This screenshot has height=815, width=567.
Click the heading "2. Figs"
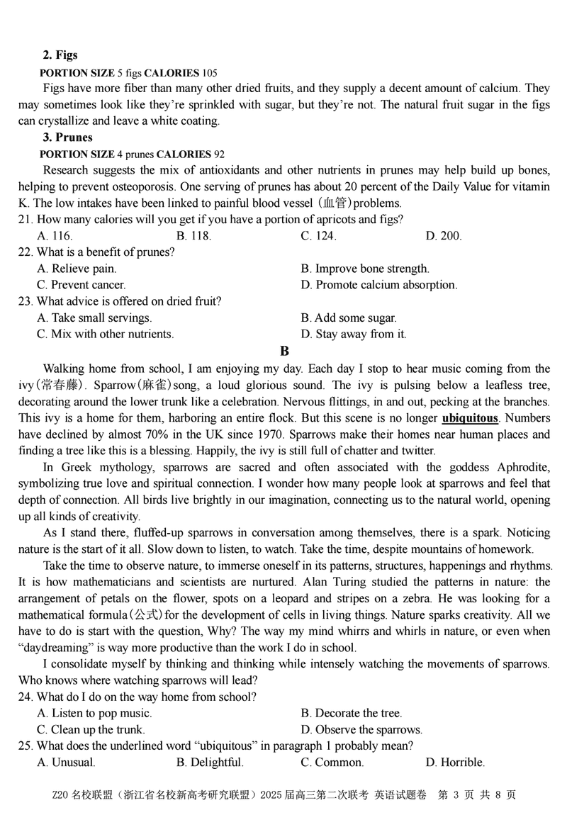click(x=60, y=55)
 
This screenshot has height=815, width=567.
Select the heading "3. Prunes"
click(x=67, y=137)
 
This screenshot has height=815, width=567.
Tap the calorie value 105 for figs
click(x=210, y=72)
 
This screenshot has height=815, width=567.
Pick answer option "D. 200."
click(x=444, y=236)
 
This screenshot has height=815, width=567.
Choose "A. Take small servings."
click(x=94, y=318)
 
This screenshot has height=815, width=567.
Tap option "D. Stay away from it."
click(x=354, y=335)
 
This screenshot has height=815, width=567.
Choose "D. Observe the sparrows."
click(x=361, y=730)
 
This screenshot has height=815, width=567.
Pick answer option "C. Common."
click(x=332, y=763)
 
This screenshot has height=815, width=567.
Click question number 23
click(x=26, y=301)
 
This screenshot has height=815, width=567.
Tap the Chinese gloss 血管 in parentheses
click(x=337, y=203)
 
